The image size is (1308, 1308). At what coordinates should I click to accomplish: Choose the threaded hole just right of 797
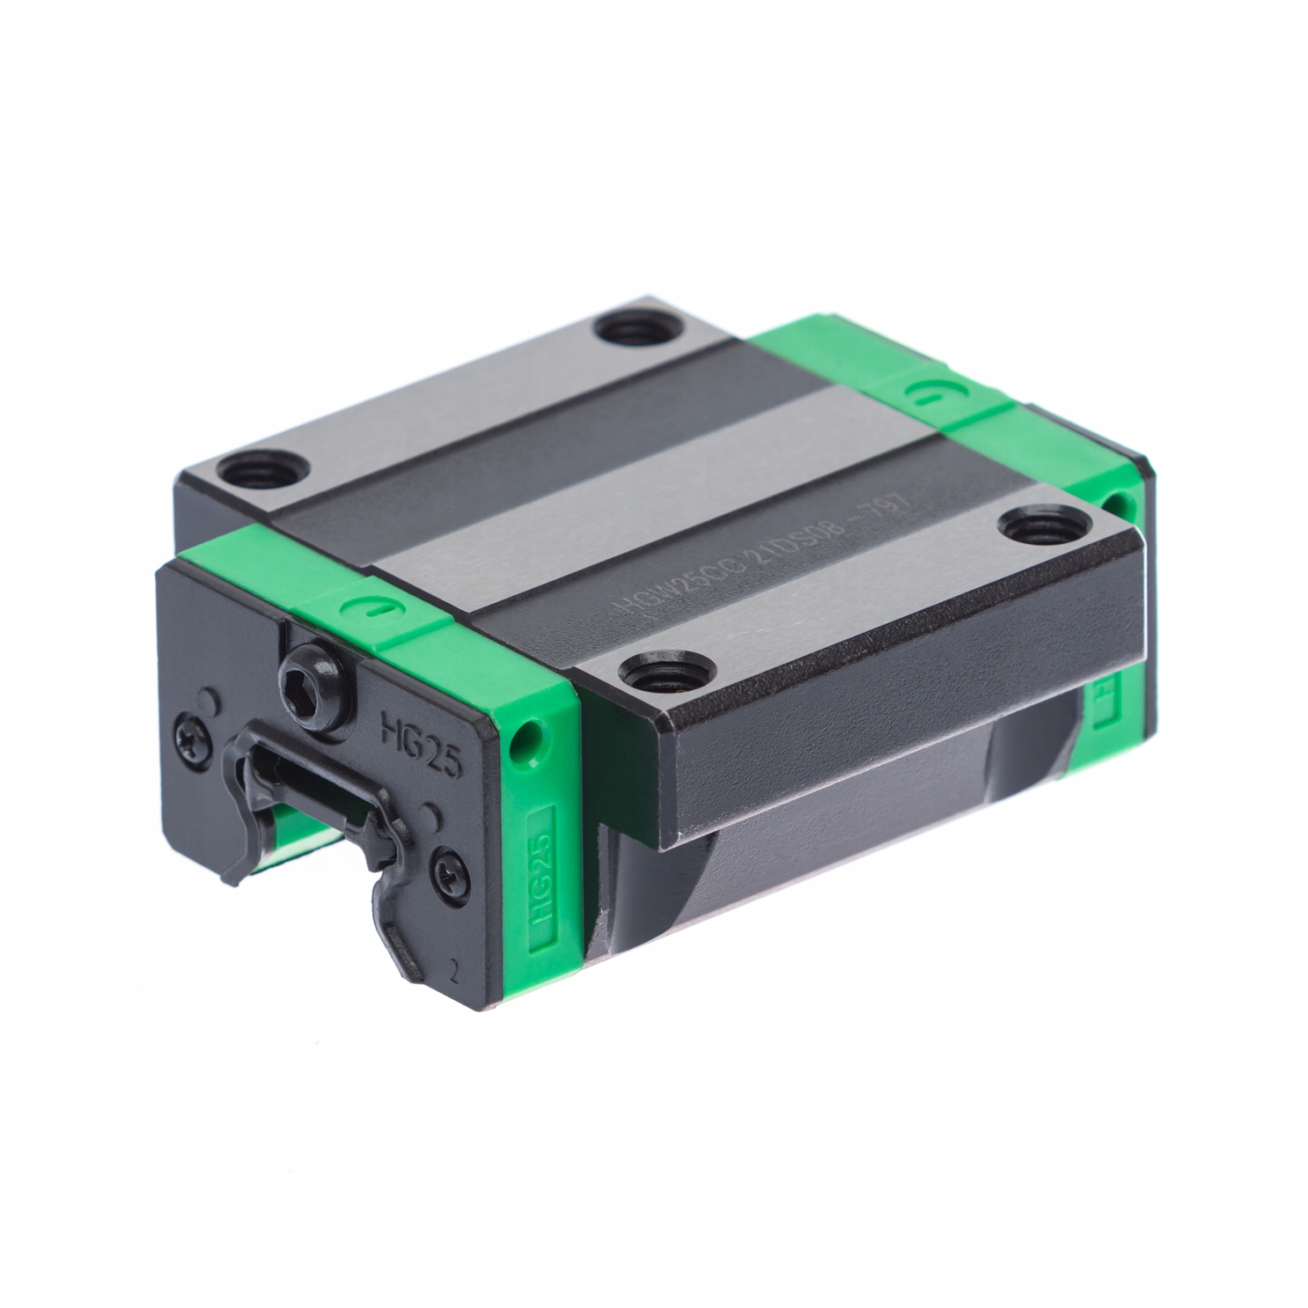point(1031,528)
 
